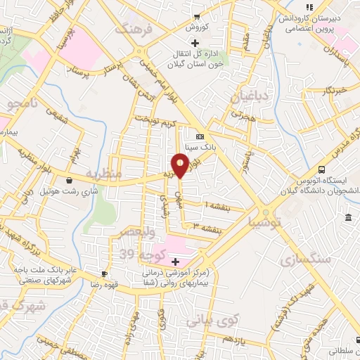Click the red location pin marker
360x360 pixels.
pyautogui.click(x=181, y=165)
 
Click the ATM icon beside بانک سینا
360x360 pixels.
pyautogui.click(x=200, y=136)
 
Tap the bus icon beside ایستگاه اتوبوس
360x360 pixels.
pyautogui.click(x=321, y=169)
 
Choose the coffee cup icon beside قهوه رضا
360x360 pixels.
pyautogui.click(x=105, y=274)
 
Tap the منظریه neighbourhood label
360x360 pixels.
pyautogui.click(x=103, y=173)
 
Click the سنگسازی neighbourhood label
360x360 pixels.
pyautogui.click(x=305, y=259)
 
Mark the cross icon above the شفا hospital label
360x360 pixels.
pyautogui.click(x=175, y=262)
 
